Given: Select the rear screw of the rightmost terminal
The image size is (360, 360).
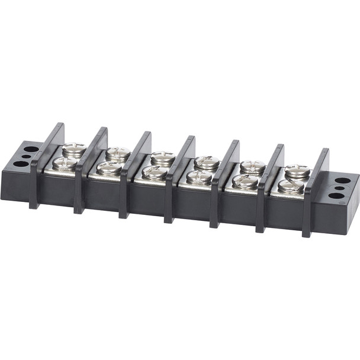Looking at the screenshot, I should pyautogui.click(x=297, y=171).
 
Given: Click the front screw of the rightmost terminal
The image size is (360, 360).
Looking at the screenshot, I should pyautogui.click(x=291, y=186).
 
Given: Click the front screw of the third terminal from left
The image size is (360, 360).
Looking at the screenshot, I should pyautogui.click(x=155, y=172).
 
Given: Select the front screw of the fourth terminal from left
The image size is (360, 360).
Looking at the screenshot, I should pyautogui.click(x=200, y=176).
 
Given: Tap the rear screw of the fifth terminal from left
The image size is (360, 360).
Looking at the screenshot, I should pyautogui.click(x=252, y=166).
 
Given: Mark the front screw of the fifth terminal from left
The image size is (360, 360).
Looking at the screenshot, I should pyautogui.click(x=245, y=181).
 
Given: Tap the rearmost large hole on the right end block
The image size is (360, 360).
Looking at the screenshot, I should pyautogui.click(x=342, y=181).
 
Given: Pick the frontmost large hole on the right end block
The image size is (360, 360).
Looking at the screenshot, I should pyautogui.click(x=336, y=195).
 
